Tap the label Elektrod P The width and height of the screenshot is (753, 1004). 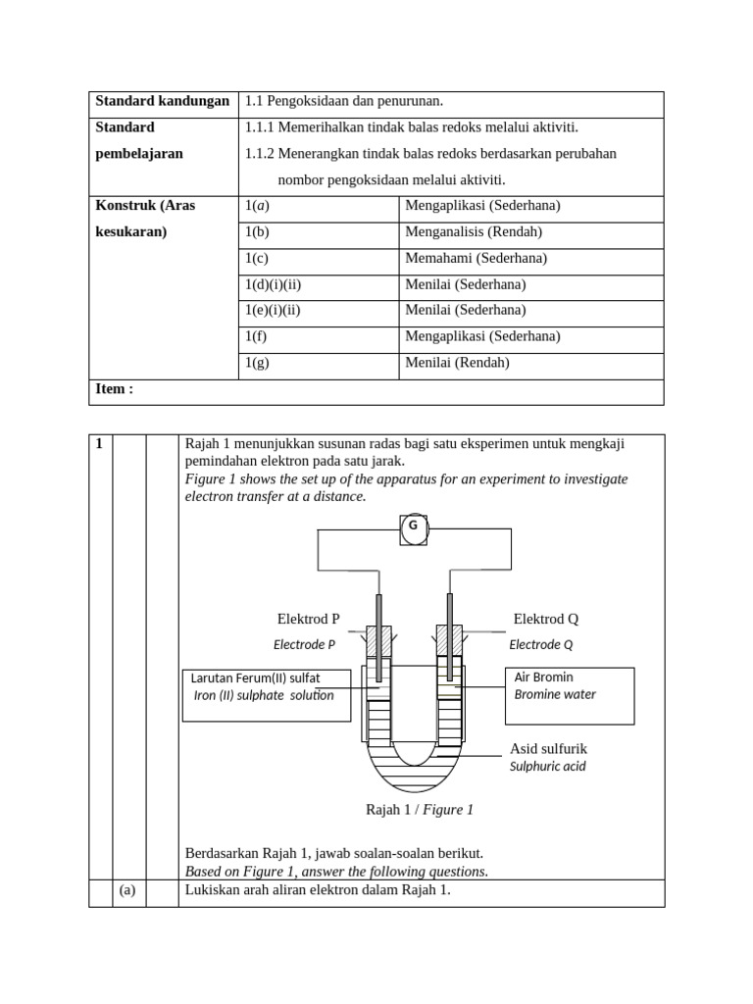point(308,619)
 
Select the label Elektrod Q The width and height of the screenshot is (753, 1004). point(546,619)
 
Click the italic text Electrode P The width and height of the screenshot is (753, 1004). point(304,644)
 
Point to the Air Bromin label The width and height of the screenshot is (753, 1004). point(544,678)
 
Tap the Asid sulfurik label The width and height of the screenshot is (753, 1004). point(548,749)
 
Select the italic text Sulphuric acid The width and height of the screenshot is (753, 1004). point(547,767)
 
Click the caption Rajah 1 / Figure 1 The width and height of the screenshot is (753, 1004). point(419,810)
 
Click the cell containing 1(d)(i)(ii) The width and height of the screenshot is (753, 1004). point(273,284)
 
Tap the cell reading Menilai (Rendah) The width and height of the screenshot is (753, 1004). point(458,363)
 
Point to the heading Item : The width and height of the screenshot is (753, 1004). point(115,389)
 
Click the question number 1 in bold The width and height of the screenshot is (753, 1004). point(99,444)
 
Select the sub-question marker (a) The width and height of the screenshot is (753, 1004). point(127,891)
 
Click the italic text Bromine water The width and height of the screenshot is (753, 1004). point(555,695)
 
